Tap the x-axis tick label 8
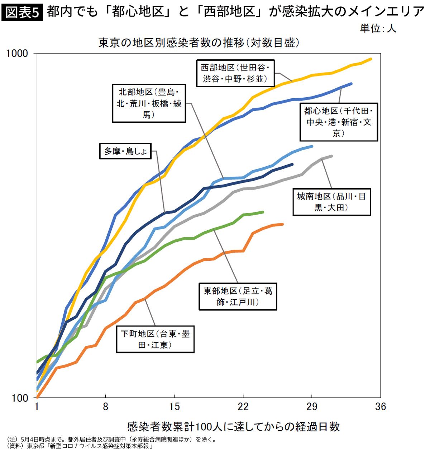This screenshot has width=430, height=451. (105, 407)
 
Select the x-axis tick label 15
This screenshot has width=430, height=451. (174, 407)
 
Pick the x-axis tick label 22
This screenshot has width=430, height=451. (243, 407)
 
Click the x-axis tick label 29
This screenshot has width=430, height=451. (312, 407)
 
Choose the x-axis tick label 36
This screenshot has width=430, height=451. (381, 407)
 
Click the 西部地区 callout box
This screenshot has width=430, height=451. (235, 73)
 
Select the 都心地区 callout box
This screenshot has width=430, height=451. (339, 122)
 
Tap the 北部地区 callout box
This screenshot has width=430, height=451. (149, 103)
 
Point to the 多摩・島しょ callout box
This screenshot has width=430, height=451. (125, 151)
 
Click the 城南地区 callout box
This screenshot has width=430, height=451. (331, 202)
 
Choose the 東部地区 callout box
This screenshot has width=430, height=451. (238, 296)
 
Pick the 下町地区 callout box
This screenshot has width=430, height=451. (155, 339)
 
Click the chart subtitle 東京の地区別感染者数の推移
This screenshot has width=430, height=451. (199, 43)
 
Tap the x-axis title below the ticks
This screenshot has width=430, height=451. (233, 426)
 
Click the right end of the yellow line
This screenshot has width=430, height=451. (371, 59)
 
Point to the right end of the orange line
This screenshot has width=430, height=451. (283, 224)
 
